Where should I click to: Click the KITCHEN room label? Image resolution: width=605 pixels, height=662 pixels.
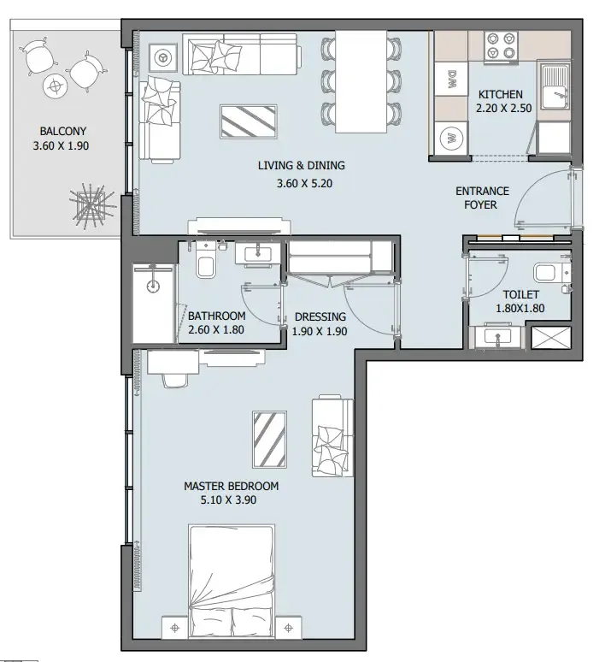click(501, 94)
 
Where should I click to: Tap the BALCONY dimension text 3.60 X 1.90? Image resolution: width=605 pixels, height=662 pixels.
click(62, 146)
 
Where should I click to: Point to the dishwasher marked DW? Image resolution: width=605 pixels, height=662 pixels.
click(451, 79)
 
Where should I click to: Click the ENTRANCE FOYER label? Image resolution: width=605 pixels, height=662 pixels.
click(482, 198)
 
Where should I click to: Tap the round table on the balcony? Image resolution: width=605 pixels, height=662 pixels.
click(55, 87)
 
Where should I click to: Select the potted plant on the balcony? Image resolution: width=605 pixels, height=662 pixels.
click(92, 205)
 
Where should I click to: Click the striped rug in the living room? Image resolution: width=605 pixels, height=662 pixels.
click(249, 121)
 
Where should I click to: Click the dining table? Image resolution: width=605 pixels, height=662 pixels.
click(361, 81)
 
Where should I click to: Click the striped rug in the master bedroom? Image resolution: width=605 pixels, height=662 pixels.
click(269, 440)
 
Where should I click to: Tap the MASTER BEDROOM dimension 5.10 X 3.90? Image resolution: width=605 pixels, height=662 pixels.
click(228, 500)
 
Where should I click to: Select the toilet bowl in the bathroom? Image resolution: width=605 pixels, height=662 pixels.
click(206, 263)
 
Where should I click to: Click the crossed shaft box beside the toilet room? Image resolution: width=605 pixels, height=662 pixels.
click(550, 337)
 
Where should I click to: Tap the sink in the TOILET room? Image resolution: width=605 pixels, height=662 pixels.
click(498, 337)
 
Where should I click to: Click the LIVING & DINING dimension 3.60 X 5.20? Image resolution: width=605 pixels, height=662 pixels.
click(304, 184)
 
